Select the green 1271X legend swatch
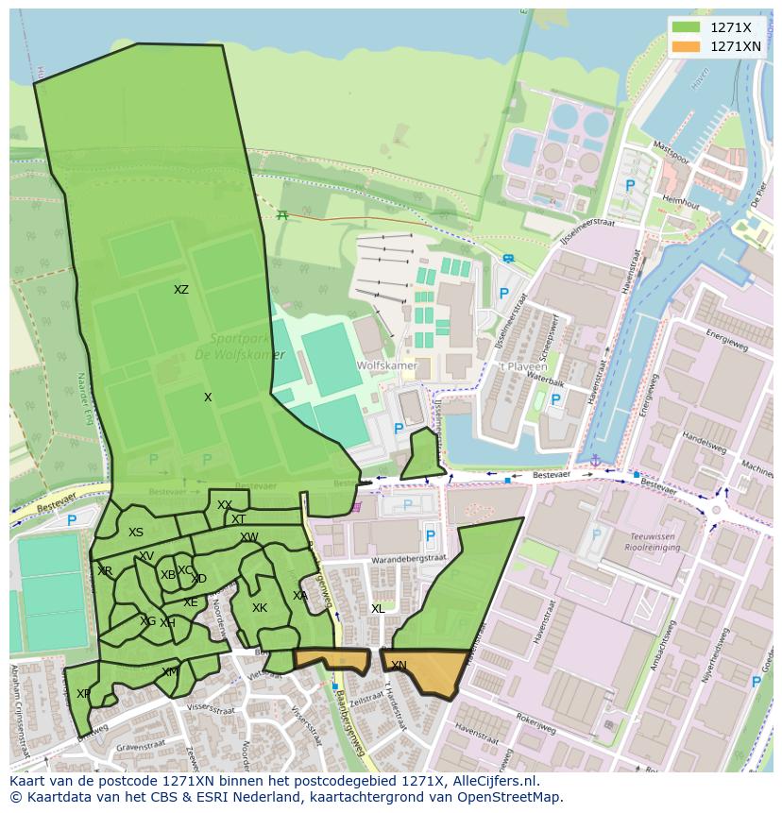[687, 27]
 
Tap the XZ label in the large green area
[180, 290]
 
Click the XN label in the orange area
[399, 666]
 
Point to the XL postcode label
[378, 609]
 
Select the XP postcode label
[83, 694]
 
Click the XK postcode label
[260, 608]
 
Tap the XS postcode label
[136, 533]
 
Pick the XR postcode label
[105, 571]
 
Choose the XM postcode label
[169, 672]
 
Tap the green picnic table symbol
[281, 214]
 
